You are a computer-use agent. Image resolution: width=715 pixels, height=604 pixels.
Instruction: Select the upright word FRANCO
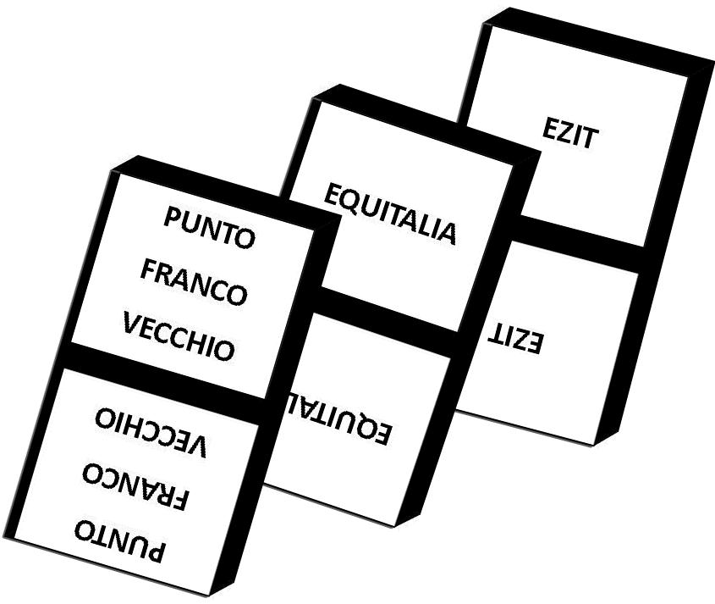(x=193, y=281)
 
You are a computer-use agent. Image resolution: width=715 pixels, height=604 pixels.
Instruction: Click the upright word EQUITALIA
(x=391, y=214)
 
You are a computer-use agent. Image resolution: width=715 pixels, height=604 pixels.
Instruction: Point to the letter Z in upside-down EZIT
(x=526, y=341)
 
